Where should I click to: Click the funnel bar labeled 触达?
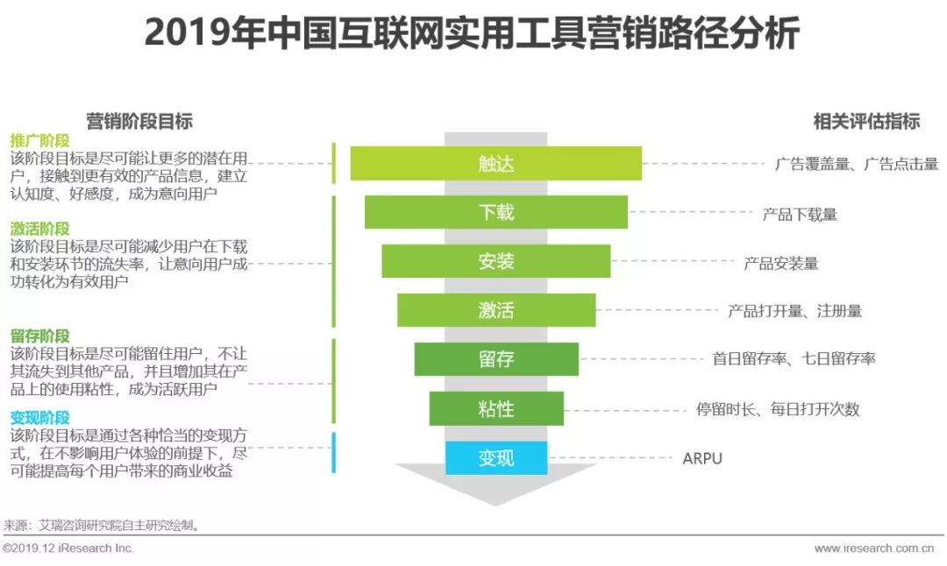496,164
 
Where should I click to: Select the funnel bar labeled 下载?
496,213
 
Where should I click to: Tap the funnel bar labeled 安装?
496,261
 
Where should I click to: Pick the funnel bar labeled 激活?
496,310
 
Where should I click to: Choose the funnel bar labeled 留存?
496,359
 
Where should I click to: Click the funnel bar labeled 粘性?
496,408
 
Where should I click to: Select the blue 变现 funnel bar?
496,457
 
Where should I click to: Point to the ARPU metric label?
702,458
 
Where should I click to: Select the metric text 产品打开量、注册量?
794,311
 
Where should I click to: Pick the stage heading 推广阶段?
39,141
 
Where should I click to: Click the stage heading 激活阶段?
39,229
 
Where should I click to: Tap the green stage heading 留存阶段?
39,336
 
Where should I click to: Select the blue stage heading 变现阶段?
39,418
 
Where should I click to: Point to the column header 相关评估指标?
866,122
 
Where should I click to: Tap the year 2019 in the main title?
181,35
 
